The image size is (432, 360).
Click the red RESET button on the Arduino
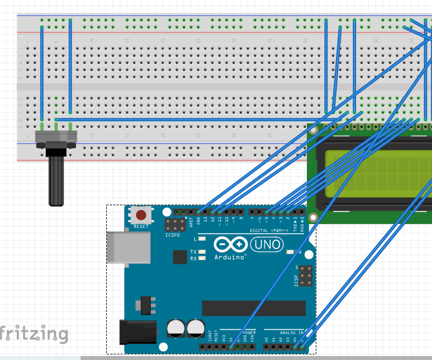click(141, 216)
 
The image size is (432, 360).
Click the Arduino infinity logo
click(230, 245)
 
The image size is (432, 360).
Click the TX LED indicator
click(201, 251)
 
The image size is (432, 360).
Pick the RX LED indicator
click(201, 258)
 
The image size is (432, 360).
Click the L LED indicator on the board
click(201, 239)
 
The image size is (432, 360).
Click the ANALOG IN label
click(291, 332)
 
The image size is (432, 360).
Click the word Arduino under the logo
click(230, 258)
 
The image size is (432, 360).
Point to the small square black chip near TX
click(180, 257)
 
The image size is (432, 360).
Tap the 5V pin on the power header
click(231, 346)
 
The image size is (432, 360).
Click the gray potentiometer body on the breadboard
click(56, 137)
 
